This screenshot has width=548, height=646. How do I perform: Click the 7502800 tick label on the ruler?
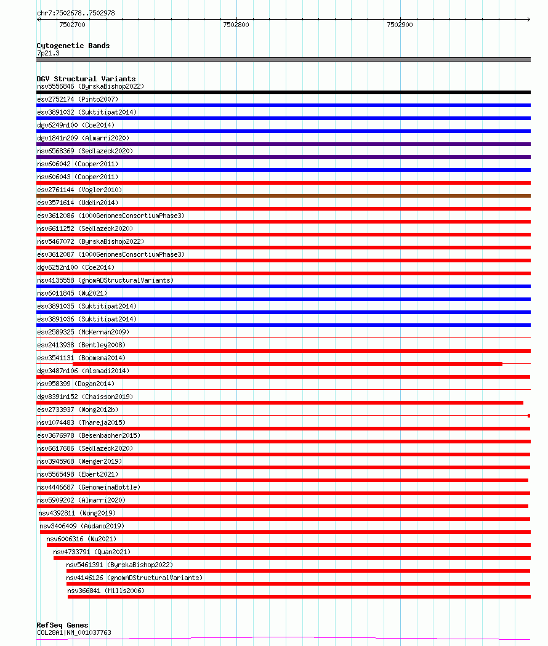pyautogui.click(x=236, y=25)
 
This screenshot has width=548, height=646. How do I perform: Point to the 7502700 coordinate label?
pyautogui.click(x=72, y=25)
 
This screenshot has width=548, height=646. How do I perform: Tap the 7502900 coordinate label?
pyautogui.click(x=400, y=25)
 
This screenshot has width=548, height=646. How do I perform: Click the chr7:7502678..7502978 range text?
pyautogui.click(x=76, y=13)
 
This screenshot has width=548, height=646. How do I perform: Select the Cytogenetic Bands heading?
pyautogui.click(x=73, y=46)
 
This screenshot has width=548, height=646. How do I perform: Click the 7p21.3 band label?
pyautogui.click(x=48, y=54)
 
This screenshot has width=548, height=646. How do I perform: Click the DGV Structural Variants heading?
pyautogui.click(x=86, y=79)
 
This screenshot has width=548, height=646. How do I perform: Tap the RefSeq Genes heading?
pyautogui.click(x=62, y=625)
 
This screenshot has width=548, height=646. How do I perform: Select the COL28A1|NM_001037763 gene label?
pyautogui.click(x=74, y=632)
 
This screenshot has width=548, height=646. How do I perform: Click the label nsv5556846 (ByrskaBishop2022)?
pyautogui.click(x=90, y=86)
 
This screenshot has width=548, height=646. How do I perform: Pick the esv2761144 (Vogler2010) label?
pyautogui.click(x=79, y=190)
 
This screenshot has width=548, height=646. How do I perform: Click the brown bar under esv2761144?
pyautogui.click(x=283, y=196)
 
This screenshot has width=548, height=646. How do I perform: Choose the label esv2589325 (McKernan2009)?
pyautogui.click(x=83, y=332)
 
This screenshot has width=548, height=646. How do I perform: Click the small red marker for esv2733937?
pyautogui.click(x=528, y=416)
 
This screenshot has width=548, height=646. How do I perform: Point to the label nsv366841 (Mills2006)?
pyautogui.click(x=107, y=591)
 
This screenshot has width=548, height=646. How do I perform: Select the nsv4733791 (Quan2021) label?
pyautogui.click(x=92, y=552)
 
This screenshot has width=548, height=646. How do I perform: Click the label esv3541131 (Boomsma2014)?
pyautogui.click(x=81, y=358)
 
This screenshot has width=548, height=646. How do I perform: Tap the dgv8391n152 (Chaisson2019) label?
pyautogui.click(x=84, y=397)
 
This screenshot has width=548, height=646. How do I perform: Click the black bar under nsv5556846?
pyautogui.click(x=283, y=92)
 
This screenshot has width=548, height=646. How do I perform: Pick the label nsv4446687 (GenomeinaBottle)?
pyautogui.click(x=89, y=487)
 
